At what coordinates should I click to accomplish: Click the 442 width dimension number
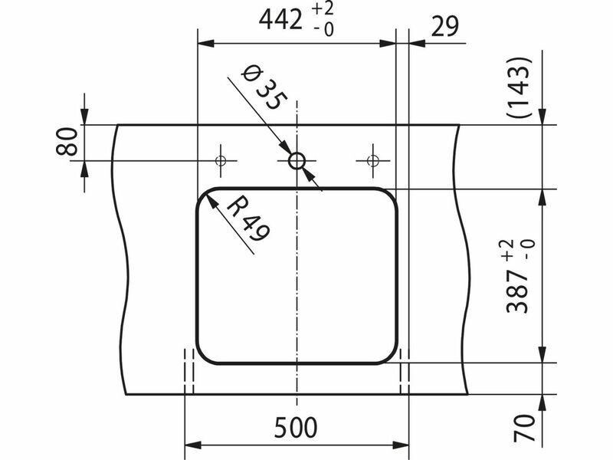coord(280,20)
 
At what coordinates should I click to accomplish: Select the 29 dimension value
coord(445,27)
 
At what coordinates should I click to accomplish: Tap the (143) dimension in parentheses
coord(520,87)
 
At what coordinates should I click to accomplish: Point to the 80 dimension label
coord(67,142)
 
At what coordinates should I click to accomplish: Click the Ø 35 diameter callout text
coord(264,88)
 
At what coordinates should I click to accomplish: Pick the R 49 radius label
coord(247,219)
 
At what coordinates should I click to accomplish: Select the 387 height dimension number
coord(516,292)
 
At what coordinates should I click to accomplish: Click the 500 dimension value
coord(296,428)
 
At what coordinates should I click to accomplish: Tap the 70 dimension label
coord(524,428)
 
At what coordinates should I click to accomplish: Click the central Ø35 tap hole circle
coord(297,161)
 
